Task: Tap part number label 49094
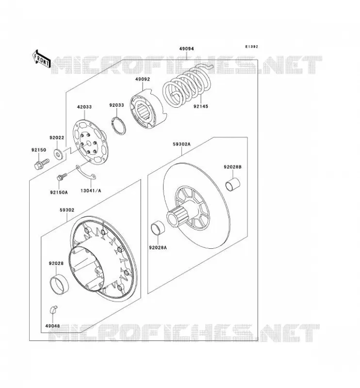pyautogui.click(x=186, y=49)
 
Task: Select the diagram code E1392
pyautogui.click(x=251, y=47)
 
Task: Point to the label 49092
pyautogui.click(x=142, y=80)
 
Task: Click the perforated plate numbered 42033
pyautogui.click(x=91, y=142)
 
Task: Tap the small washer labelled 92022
pyautogui.click(x=58, y=155)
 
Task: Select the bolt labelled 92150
pyautogui.click(x=41, y=164)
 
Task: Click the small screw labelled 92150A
pyautogui.click(x=62, y=177)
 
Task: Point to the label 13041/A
pyautogui.click(x=91, y=191)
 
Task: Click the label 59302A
pyautogui.click(x=181, y=144)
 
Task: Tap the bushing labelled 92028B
pyautogui.click(x=233, y=185)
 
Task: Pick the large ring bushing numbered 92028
pyautogui.click(x=59, y=285)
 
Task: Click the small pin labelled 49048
pyautogui.click(x=54, y=309)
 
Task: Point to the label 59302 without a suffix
pyautogui.click(x=67, y=210)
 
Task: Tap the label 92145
pyautogui.click(x=201, y=106)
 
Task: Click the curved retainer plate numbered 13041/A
pyautogui.click(x=86, y=173)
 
